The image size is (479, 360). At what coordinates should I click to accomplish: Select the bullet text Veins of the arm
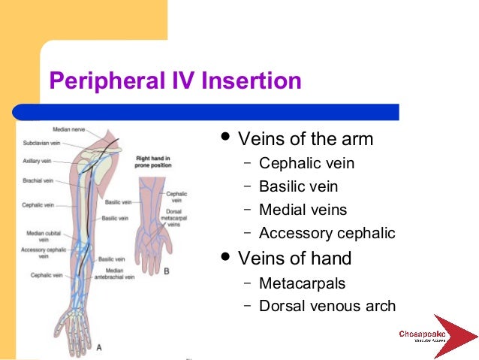(x=305, y=140)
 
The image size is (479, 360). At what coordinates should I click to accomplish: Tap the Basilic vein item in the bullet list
(x=298, y=186)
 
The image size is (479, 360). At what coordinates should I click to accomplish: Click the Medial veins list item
(x=303, y=210)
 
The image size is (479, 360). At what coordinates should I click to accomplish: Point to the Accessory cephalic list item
(x=327, y=233)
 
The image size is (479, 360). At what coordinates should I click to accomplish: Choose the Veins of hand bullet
(x=294, y=259)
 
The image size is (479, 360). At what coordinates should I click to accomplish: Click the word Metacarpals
(x=302, y=283)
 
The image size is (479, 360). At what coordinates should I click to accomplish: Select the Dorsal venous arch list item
(x=327, y=306)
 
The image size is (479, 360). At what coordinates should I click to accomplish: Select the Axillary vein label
(x=37, y=161)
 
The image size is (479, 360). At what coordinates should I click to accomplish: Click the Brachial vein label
(x=38, y=180)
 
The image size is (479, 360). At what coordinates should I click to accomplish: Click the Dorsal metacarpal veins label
(x=173, y=219)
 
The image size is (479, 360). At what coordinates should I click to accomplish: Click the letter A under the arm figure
(x=100, y=346)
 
